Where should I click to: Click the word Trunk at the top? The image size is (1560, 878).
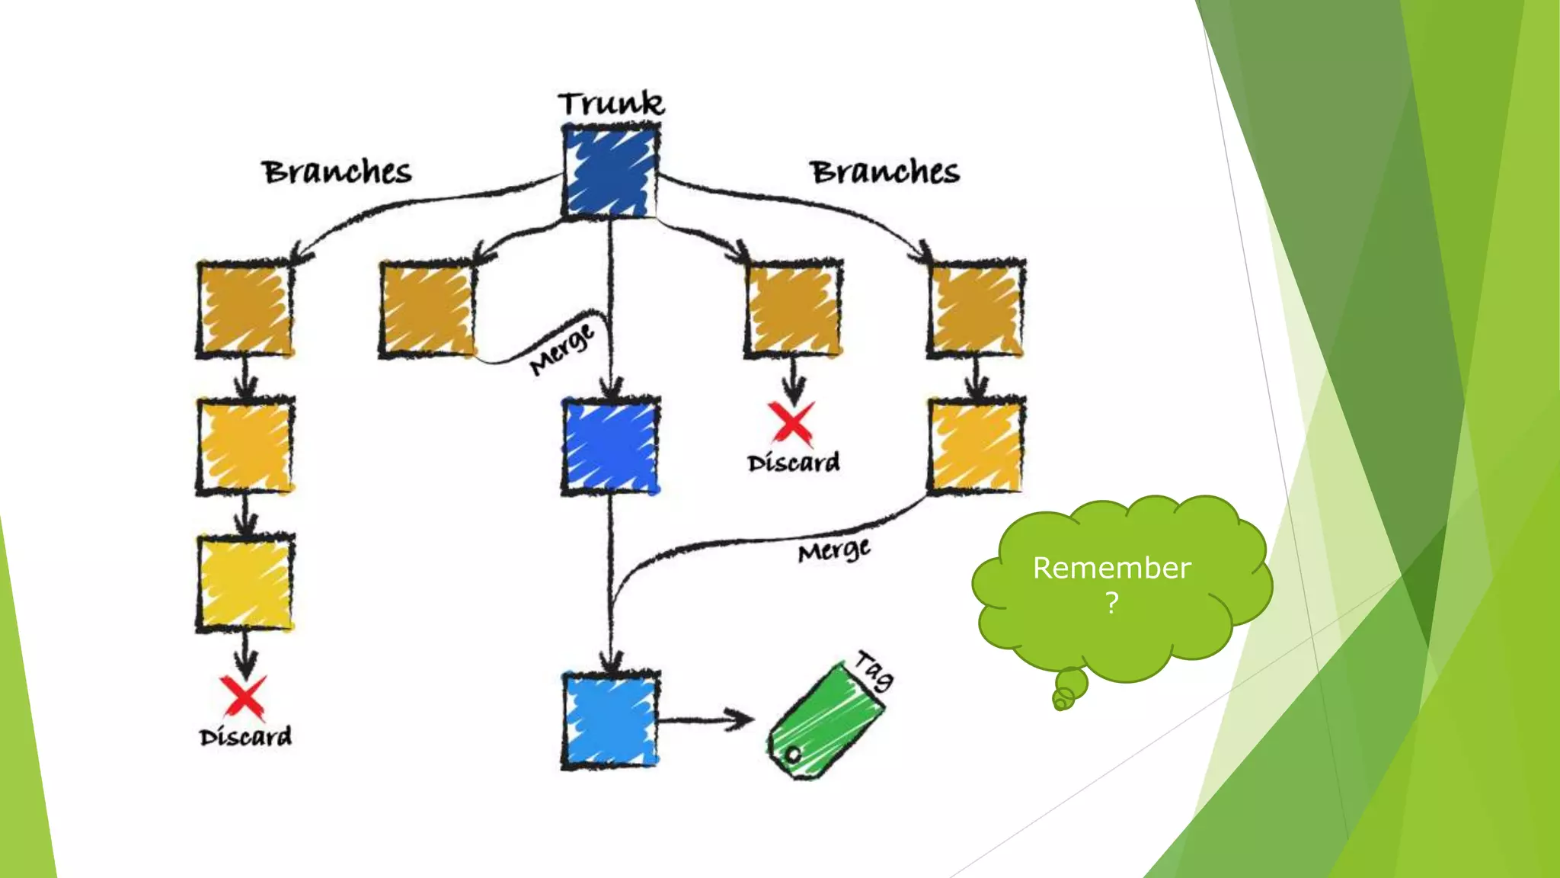(611, 104)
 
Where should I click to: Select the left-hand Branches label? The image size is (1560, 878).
(337, 172)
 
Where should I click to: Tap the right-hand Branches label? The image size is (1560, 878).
(884, 172)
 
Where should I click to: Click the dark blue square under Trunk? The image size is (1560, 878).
(611, 172)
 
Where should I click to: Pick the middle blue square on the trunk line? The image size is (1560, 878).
(611, 447)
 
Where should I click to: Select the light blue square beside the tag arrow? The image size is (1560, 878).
(611, 720)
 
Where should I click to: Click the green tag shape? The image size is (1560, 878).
(826, 721)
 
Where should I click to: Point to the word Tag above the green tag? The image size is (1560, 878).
(874, 670)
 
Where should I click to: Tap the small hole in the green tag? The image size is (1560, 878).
(793, 755)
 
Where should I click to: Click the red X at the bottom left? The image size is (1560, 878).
(244, 697)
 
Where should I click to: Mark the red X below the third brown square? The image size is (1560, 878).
(792, 423)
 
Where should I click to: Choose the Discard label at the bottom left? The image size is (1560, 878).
(245, 737)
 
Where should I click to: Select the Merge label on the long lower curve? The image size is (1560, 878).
(834, 550)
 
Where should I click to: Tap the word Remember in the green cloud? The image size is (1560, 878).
(1111, 569)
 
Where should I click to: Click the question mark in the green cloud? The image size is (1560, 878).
(1112, 604)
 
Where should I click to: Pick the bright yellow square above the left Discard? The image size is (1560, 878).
(245, 584)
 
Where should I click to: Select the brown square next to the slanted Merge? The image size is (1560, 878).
(428, 309)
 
